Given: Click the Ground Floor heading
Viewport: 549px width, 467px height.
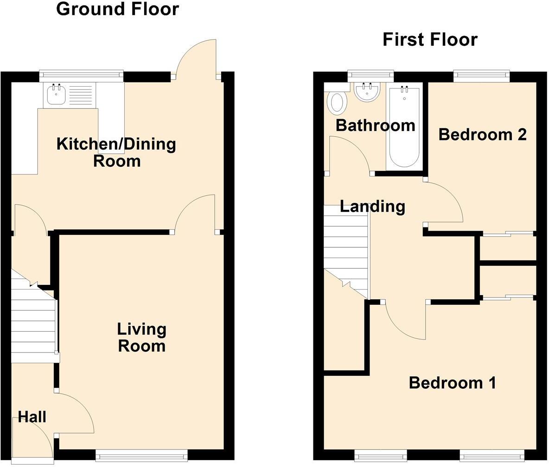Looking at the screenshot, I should (x=117, y=9).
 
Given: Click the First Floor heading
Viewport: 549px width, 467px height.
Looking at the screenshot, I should (x=430, y=39).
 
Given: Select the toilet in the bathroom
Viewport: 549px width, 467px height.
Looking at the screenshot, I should (x=337, y=103).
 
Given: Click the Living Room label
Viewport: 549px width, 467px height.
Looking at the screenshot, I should (x=141, y=338).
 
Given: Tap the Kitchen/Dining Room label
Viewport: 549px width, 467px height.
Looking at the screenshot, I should (x=116, y=152).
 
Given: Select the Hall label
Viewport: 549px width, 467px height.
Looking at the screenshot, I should (x=32, y=417).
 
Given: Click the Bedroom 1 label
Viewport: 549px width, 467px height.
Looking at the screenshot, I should (x=452, y=383).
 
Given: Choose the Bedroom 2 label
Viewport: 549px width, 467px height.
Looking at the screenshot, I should (x=482, y=134).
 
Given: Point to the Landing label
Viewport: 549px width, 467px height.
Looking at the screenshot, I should (x=372, y=206).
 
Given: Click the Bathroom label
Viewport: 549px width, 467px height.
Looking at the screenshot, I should (x=375, y=125).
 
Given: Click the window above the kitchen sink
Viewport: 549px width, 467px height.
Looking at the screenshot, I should (x=81, y=74).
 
